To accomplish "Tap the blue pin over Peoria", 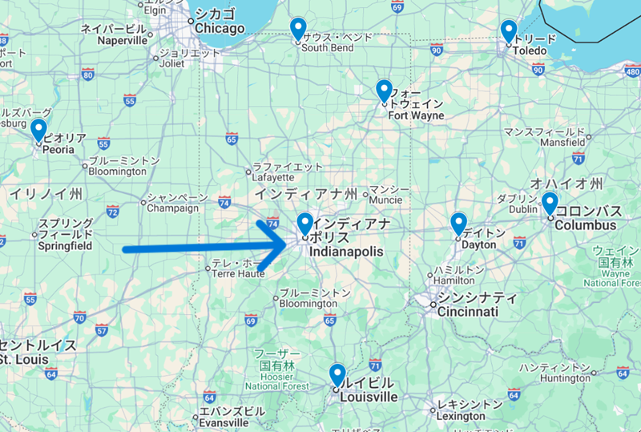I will (x=38, y=128).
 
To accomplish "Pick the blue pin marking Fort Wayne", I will (x=384, y=90).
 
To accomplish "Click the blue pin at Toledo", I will (x=508, y=30).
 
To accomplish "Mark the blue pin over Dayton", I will (x=458, y=222).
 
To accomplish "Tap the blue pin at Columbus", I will (x=550, y=202).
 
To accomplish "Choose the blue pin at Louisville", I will (x=337, y=374).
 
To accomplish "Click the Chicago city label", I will (x=218, y=28).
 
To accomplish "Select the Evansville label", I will (x=224, y=422).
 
